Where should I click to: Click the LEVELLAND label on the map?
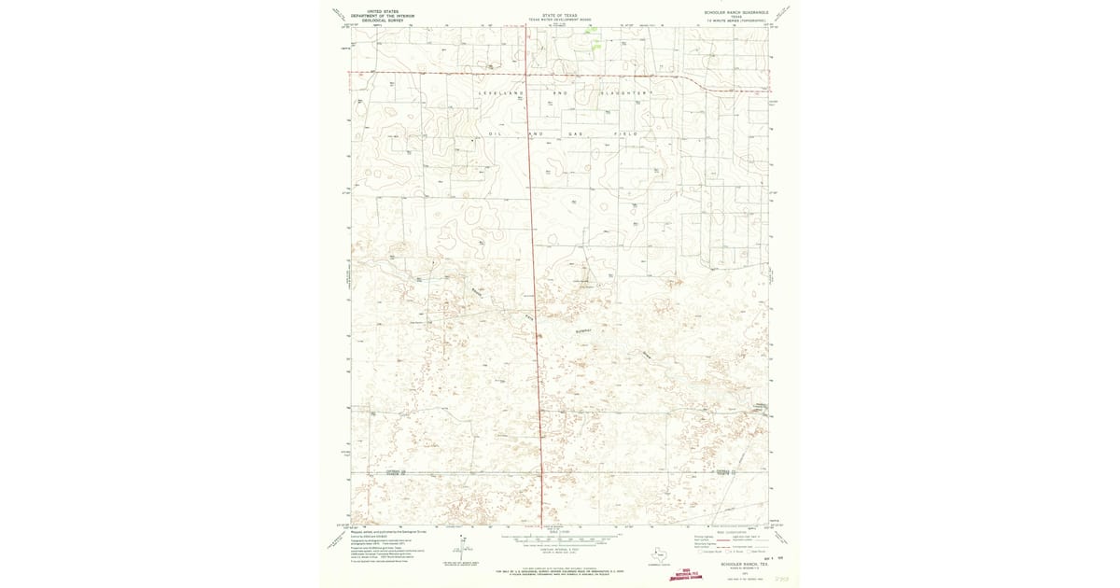click(x=497, y=93)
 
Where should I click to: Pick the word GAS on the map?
click(x=576, y=134)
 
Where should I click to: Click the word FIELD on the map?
click(x=625, y=134)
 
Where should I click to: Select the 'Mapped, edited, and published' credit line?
click(x=383, y=530)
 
